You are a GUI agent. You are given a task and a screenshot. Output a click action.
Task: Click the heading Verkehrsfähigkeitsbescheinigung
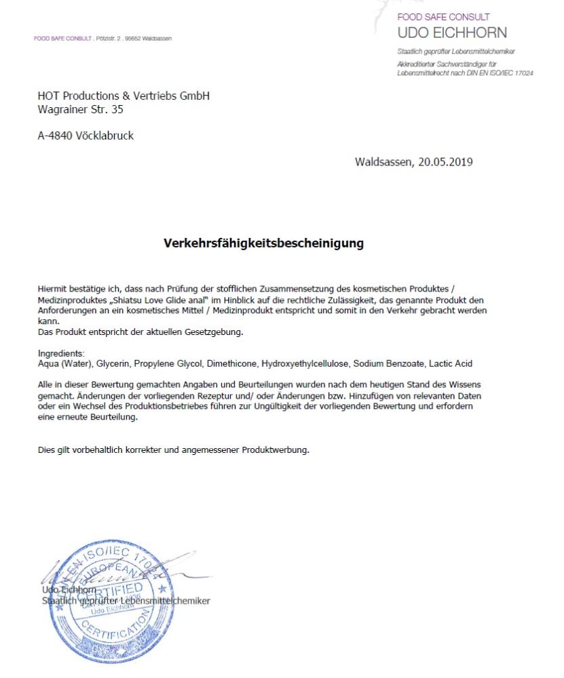pyautogui.click(x=263, y=243)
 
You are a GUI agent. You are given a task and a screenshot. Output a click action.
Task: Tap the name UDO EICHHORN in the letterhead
pyautogui.click(x=452, y=33)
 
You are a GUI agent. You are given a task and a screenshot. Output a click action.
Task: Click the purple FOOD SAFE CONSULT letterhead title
pyautogui.click(x=443, y=17)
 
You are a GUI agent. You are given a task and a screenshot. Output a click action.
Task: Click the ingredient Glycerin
pyautogui.click(x=115, y=364)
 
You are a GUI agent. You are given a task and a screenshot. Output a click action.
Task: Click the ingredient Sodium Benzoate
pyautogui.click(x=385, y=364)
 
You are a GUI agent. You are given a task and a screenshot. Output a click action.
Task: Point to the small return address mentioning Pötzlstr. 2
pyautogui.click(x=103, y=39)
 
